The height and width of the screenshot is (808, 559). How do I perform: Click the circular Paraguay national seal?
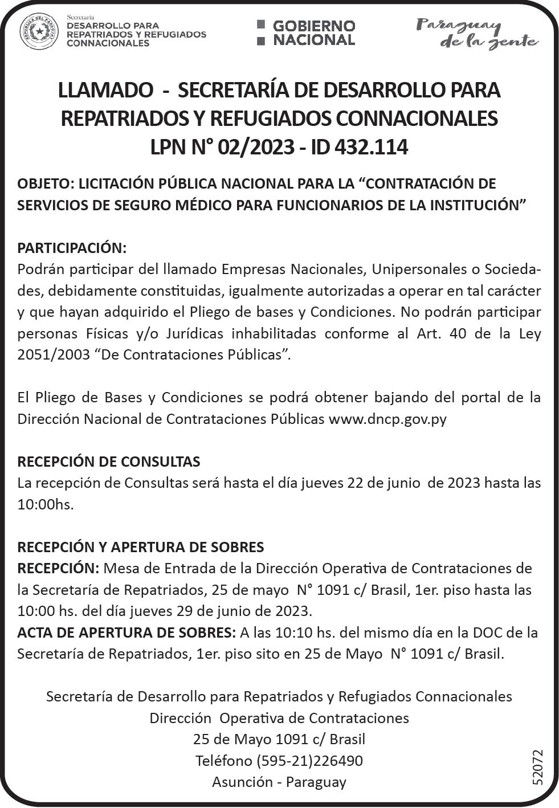[39, 31]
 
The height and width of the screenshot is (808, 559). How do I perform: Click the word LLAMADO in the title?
[106, 90]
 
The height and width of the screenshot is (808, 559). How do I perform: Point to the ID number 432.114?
[371, 147]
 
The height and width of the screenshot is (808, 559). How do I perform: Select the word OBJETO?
[46, 183]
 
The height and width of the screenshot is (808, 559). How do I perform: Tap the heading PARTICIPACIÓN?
[71, 248]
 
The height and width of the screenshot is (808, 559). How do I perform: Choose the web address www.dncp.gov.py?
[387, 419]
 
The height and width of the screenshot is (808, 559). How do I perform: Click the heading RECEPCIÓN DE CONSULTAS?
[108, 462]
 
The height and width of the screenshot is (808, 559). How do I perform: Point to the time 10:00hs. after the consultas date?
[46, 504]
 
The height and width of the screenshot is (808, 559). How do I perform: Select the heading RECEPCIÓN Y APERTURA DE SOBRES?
[140, 547]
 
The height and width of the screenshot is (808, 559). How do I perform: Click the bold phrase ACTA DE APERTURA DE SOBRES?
[126, 632]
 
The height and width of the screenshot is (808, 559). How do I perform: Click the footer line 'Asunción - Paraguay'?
[279, 782]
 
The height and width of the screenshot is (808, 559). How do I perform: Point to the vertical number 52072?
[537, 768]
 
